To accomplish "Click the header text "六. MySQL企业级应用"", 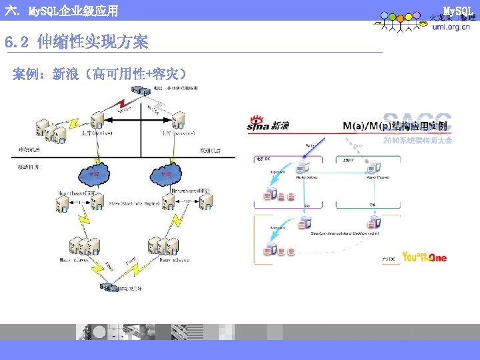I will click(61, 11).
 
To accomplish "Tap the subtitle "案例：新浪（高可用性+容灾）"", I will click(99, 73).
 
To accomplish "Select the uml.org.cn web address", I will click(449, 28).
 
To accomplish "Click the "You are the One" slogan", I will click(424, 257).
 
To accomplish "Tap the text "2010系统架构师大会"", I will click(418, 140).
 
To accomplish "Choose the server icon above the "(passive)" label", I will click(178, 120).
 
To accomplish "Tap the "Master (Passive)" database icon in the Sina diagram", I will click(375, 166).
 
